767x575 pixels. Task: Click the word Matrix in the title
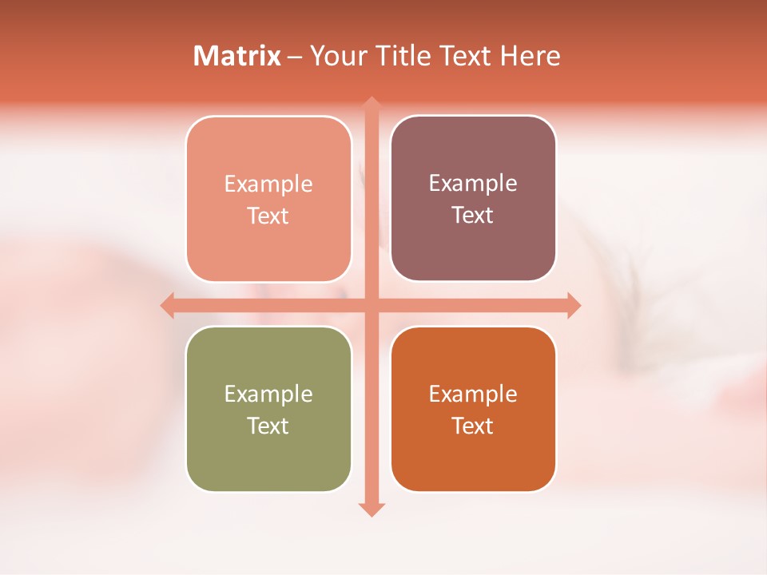click(237, 56)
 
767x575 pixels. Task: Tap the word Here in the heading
click(530, 56)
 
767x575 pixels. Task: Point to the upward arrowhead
click(371, 103)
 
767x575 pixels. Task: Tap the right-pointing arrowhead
click(574, 305)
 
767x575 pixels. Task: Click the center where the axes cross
click(371, 305)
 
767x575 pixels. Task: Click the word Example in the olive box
click(268, 394)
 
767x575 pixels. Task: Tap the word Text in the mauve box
click(473, 216)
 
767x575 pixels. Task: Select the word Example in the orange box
click(473, 394)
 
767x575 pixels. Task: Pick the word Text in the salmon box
click(268, 216)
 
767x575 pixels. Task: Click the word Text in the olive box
click(268, 426)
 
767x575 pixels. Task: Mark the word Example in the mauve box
click(473, 184)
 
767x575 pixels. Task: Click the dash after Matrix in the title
click(296, 57)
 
